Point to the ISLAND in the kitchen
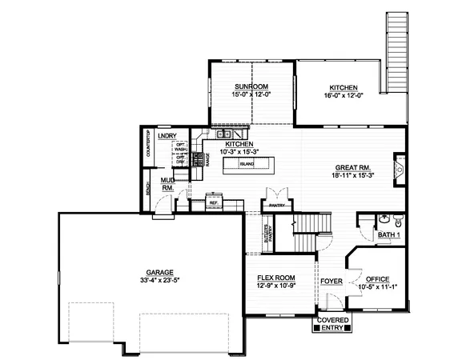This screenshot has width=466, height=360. click(247, 163)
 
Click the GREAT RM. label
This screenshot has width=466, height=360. click(351, 167)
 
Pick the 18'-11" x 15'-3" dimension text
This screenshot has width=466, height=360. click(351, 176)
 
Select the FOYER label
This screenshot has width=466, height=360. click(331, 282)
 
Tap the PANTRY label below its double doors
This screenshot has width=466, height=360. click(277, 205)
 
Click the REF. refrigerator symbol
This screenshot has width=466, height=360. click(214, 202)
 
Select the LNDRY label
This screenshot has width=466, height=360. click(167, 137)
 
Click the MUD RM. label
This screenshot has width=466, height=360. click(167, 184)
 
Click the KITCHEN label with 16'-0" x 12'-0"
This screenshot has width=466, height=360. click(343, 88)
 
